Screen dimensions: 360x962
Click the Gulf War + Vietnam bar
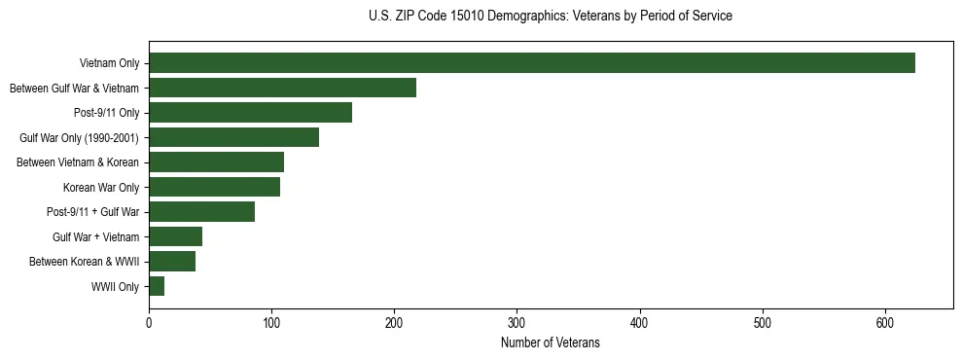tap(175, 236)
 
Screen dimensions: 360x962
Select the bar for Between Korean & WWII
tap(172, 261)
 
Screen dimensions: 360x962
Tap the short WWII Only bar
tap(157, 286)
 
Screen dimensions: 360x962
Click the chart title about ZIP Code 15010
tap(551, 17)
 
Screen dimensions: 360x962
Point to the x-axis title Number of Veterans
tap(551, 343)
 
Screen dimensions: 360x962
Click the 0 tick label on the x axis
tap(149, 324)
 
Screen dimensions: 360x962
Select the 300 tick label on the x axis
tap(517, 324)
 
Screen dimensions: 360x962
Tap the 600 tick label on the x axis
tap(885, 324)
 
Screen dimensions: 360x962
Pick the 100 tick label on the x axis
tap(271, 324)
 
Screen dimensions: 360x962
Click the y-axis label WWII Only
tap(115, 286)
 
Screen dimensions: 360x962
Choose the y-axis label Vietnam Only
tap(109, 63)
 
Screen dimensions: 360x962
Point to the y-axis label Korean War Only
tap(101, 187)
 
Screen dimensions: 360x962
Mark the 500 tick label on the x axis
tap(763, 324)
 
